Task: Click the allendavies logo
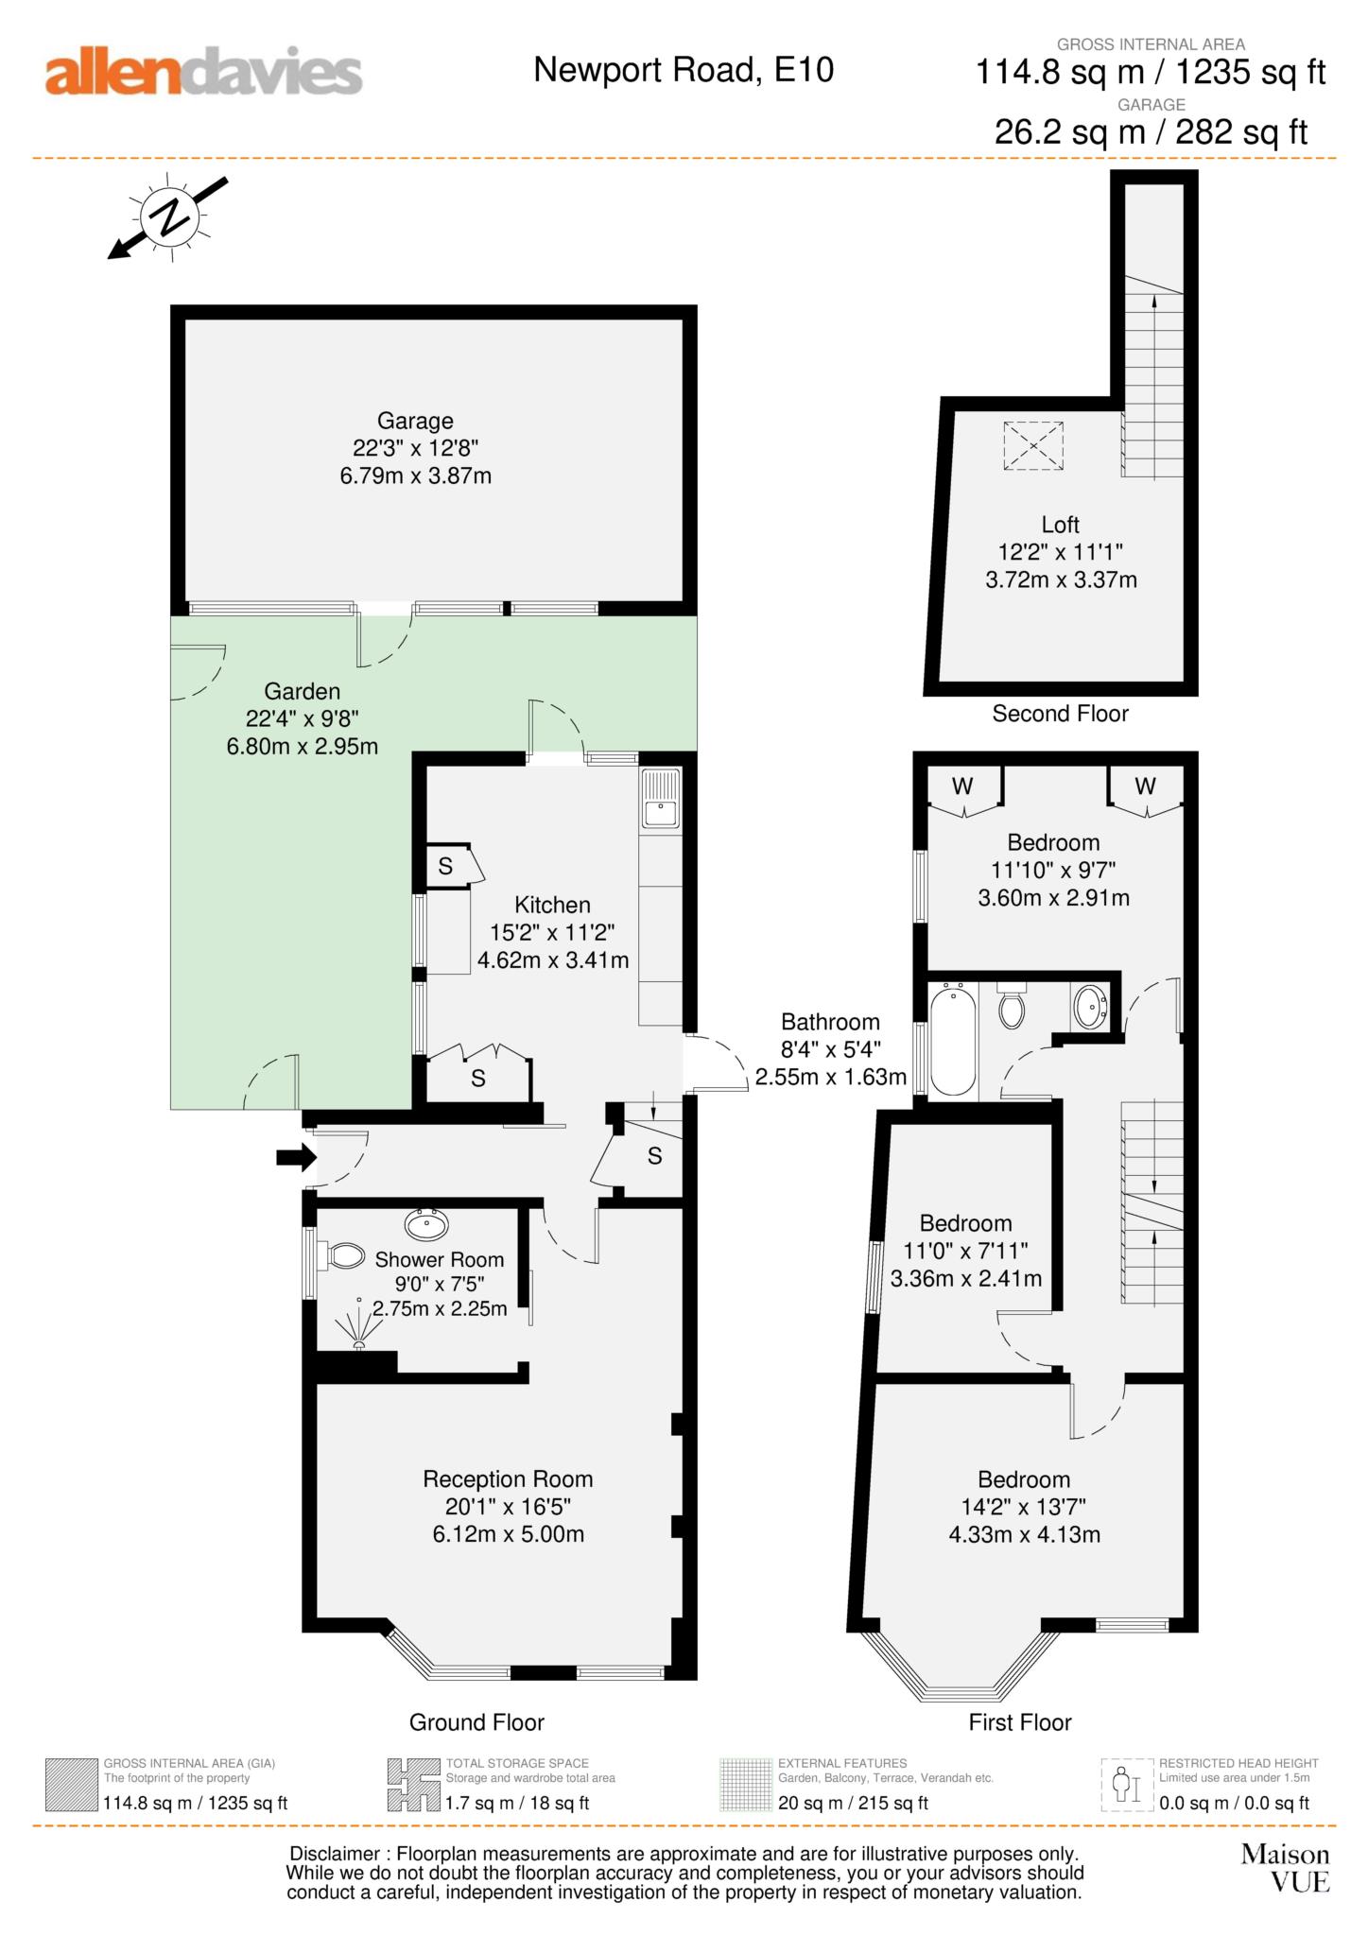[x=203, y=73]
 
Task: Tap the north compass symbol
[x=169, y=217]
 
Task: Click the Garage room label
[x=415, y=421]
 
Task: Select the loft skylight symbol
[x=1032, y=445]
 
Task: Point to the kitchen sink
[x=661, y=799]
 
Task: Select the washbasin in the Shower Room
[x=426, y=1224]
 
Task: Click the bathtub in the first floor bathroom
[x=953, y=1040]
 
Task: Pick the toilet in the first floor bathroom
[x=1012, y=1006]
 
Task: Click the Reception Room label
[x=508, y=1478]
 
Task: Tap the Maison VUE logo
[x=1286, y=1867]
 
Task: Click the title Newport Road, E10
[x=684, y=70]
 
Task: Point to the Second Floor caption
[x=1060, y=714]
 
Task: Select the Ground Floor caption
[x=476, y=1722]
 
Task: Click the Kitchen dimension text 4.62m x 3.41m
[x=553, y=960]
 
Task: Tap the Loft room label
[x=1060, y=525]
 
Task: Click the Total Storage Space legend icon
[x=413, y=1785]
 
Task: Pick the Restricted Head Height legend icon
[x=1127, y=1785]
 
